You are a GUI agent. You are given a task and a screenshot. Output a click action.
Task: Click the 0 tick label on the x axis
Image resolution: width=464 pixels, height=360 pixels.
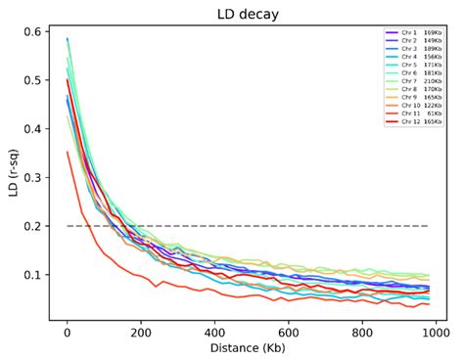coord(68,331)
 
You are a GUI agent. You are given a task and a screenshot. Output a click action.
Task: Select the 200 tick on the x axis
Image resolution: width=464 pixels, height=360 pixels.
coord(141,331)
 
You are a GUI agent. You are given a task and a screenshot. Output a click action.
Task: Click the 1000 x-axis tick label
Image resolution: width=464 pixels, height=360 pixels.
coord(437,331)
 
